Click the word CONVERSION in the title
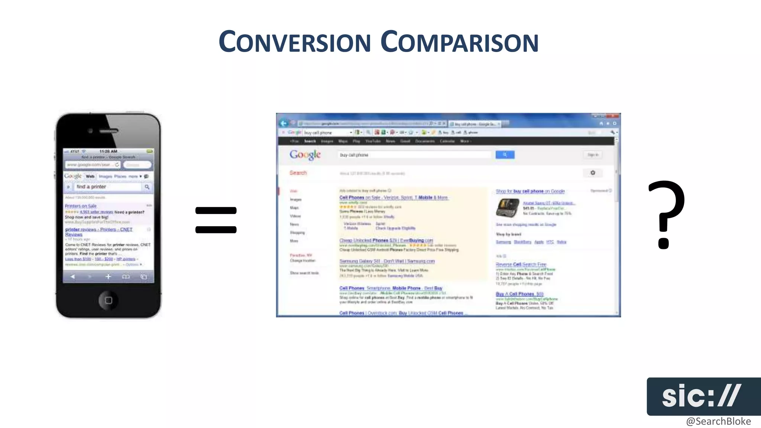tap(295, 42)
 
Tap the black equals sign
tap(216, 220)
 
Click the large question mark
tap(666, 214)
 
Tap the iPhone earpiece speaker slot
tap(109, 131)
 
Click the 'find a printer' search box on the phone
tap(108, 187)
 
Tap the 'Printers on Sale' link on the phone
tap(81, 206)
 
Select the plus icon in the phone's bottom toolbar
tap(108, 276)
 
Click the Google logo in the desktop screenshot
tap(305, 155)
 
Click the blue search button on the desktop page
tap(505, 155)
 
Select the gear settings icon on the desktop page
tap(593, 173)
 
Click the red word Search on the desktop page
tap(298, 173)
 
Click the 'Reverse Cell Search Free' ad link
tap(521, 264)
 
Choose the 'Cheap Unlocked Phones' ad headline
tap(386, 240)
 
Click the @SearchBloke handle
tap(718, 421)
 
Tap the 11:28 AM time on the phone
tap(108, 152)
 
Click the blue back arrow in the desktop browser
tap(284, 123)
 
